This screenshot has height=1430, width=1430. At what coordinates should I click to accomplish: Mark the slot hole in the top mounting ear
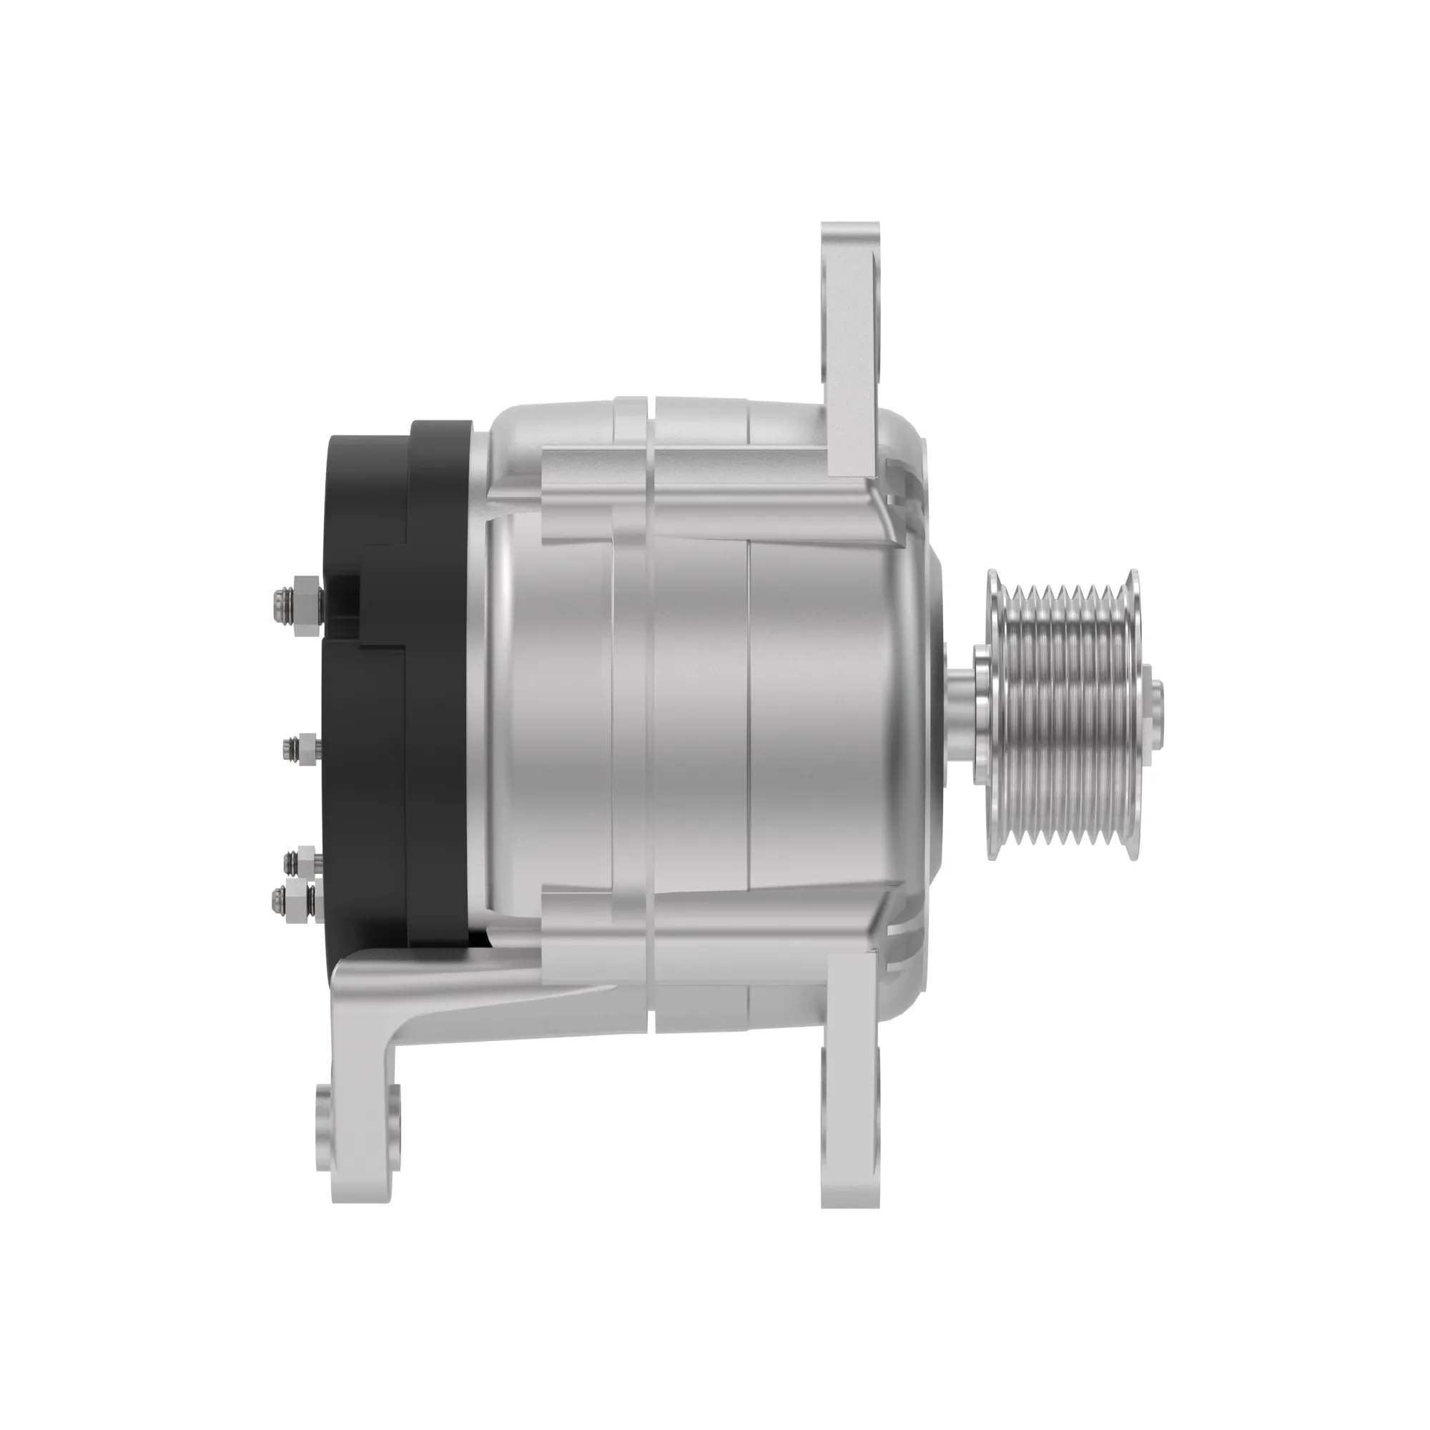(878, 318)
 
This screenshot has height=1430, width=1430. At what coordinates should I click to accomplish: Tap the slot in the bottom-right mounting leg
(878, 1110)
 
